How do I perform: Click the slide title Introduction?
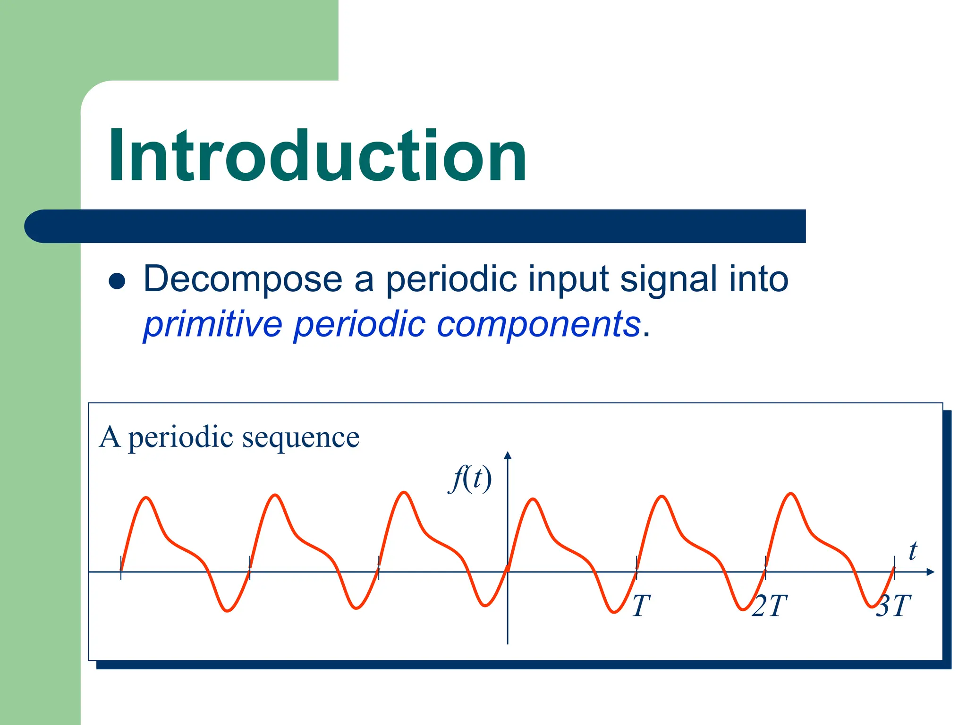click(x=317, y=156)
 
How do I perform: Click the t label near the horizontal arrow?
click(x=913, y=551)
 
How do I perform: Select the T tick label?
click(x=641, y=606)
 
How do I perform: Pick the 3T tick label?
click(x=893, y=606)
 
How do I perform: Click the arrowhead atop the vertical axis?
click(x=508, y=455)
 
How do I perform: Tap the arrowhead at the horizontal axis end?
click(x=930, y=572)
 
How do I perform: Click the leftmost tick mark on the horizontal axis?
click(x=121, y=568)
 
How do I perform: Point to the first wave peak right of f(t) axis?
click(x=533, y=499)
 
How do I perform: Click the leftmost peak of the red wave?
click(x=147, y=497)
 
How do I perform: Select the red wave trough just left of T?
click(x=614, y=612)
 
